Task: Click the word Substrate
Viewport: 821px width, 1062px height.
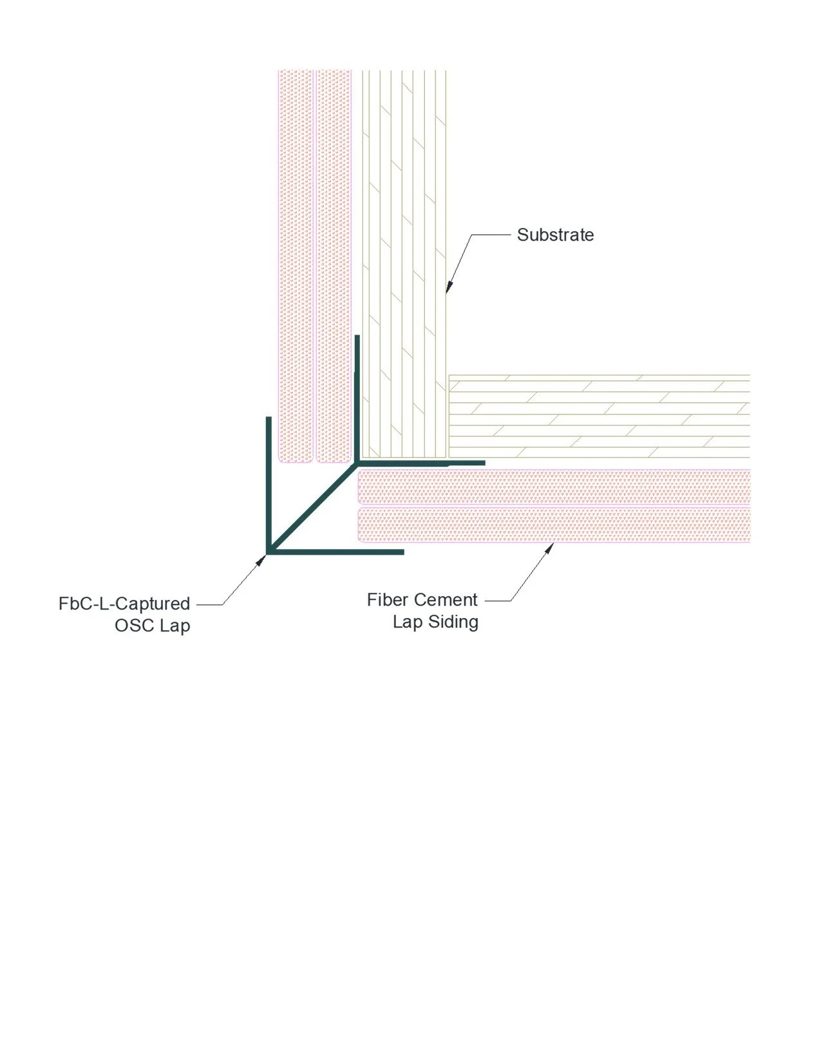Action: pyautogui.click(x=555, y=235)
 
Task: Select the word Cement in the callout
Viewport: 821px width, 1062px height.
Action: pyautogui.click(x=446, y=600)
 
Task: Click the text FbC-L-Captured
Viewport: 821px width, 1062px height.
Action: pyautogui.click(x=124, y=604)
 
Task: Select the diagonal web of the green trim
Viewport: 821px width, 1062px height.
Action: pyautogui.click(x=312, y=507)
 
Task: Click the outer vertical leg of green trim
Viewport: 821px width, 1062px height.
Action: pyautogui.click(x=268, y=483)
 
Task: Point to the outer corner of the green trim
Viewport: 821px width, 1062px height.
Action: pyautogui.click(x=268, y=552)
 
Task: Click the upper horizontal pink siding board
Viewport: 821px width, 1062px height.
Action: pyautogui.click(x=554, y=487)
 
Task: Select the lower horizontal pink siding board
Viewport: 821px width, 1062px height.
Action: pyautogui.click(x=554, y=525)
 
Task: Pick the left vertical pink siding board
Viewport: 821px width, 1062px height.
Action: pyautogui.click(x=295, y=257)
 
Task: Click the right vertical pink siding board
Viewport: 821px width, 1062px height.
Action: pyautogui.click(x=334, y=257)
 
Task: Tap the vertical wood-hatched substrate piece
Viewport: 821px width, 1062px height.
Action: pyautogui.click(x=403, y=257)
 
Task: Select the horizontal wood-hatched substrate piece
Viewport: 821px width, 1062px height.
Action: pyautogui.click(x=599, y=415)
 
